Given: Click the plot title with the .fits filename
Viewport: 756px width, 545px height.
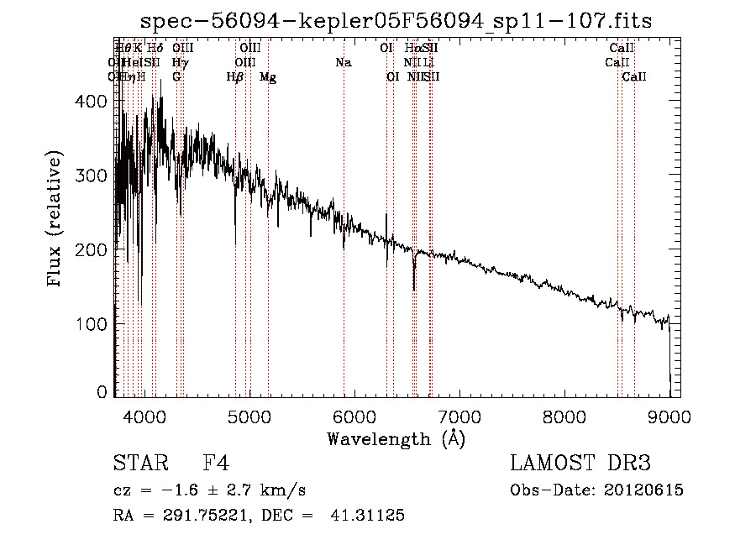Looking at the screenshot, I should (395, 20).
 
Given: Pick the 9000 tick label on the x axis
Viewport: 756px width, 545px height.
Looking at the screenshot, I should (669, 417).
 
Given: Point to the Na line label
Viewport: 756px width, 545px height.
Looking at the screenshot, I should (343, 63).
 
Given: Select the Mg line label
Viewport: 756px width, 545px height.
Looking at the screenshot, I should (268, 77).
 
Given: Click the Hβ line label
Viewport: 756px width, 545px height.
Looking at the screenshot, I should (235, 77).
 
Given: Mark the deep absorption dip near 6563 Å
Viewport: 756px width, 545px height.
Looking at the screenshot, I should (414, 286).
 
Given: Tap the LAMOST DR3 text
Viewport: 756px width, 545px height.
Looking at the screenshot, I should (580, 464).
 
